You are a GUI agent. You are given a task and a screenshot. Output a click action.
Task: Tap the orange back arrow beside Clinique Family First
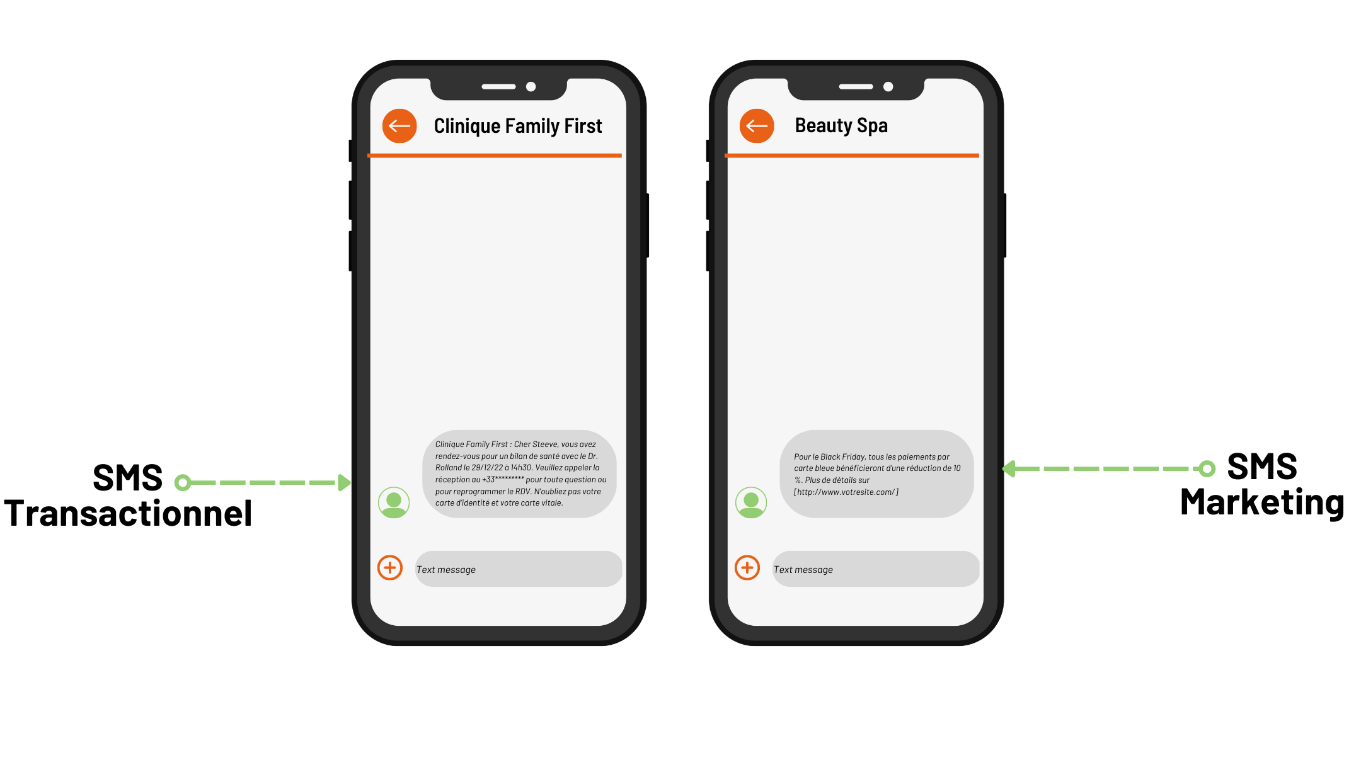(x=399, y=126)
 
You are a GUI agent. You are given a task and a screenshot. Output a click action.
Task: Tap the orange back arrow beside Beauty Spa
(x=757, y=126)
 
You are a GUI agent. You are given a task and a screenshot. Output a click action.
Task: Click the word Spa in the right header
(x=872, y=126)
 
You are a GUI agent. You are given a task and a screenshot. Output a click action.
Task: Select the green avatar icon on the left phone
(x=394, y=502)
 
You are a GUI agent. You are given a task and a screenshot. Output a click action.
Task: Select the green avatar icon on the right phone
(x=751, y=502)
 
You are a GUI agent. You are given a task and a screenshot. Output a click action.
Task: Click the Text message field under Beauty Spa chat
(x=875, y=569)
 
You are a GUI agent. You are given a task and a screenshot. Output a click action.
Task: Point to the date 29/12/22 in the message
(x=487, y=468)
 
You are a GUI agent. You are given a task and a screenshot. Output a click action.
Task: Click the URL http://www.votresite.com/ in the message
(x=846, y=492)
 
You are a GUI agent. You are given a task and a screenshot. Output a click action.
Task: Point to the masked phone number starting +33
(x=503, y=480)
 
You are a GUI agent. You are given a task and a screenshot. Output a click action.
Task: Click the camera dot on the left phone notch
(x=531, y=87)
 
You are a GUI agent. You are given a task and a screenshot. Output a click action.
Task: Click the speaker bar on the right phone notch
(x=856, y=87)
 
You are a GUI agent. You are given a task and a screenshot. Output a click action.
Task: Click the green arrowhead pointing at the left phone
(x=344, y=483)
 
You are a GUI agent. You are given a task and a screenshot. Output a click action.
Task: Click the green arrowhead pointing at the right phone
(x=1009, y=469)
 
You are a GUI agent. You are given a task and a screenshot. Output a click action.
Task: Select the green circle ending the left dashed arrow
(x=183, y=483)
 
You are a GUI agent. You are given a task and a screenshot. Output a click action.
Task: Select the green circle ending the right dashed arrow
(x=1207, y=469)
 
